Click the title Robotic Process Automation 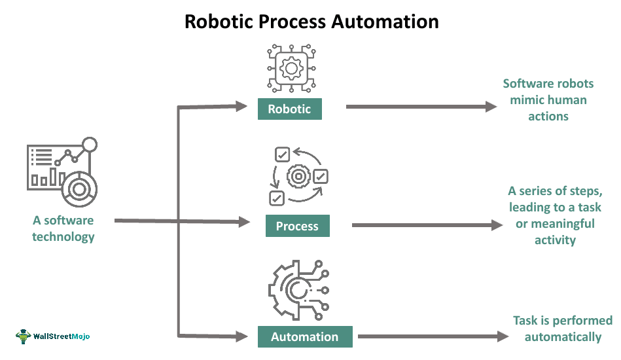[x=311, y=21]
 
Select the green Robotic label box [x=289, y=109]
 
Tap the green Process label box [x=297, y=226]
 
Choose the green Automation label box [x=304, y=336]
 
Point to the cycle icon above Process [x=298, y=176]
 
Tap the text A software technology [x=63, y=228]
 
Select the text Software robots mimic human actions [x=548, y=100]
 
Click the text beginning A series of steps [x=554, y=215]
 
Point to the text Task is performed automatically [x=562, y=329]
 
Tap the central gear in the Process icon [x=298, y=177]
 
